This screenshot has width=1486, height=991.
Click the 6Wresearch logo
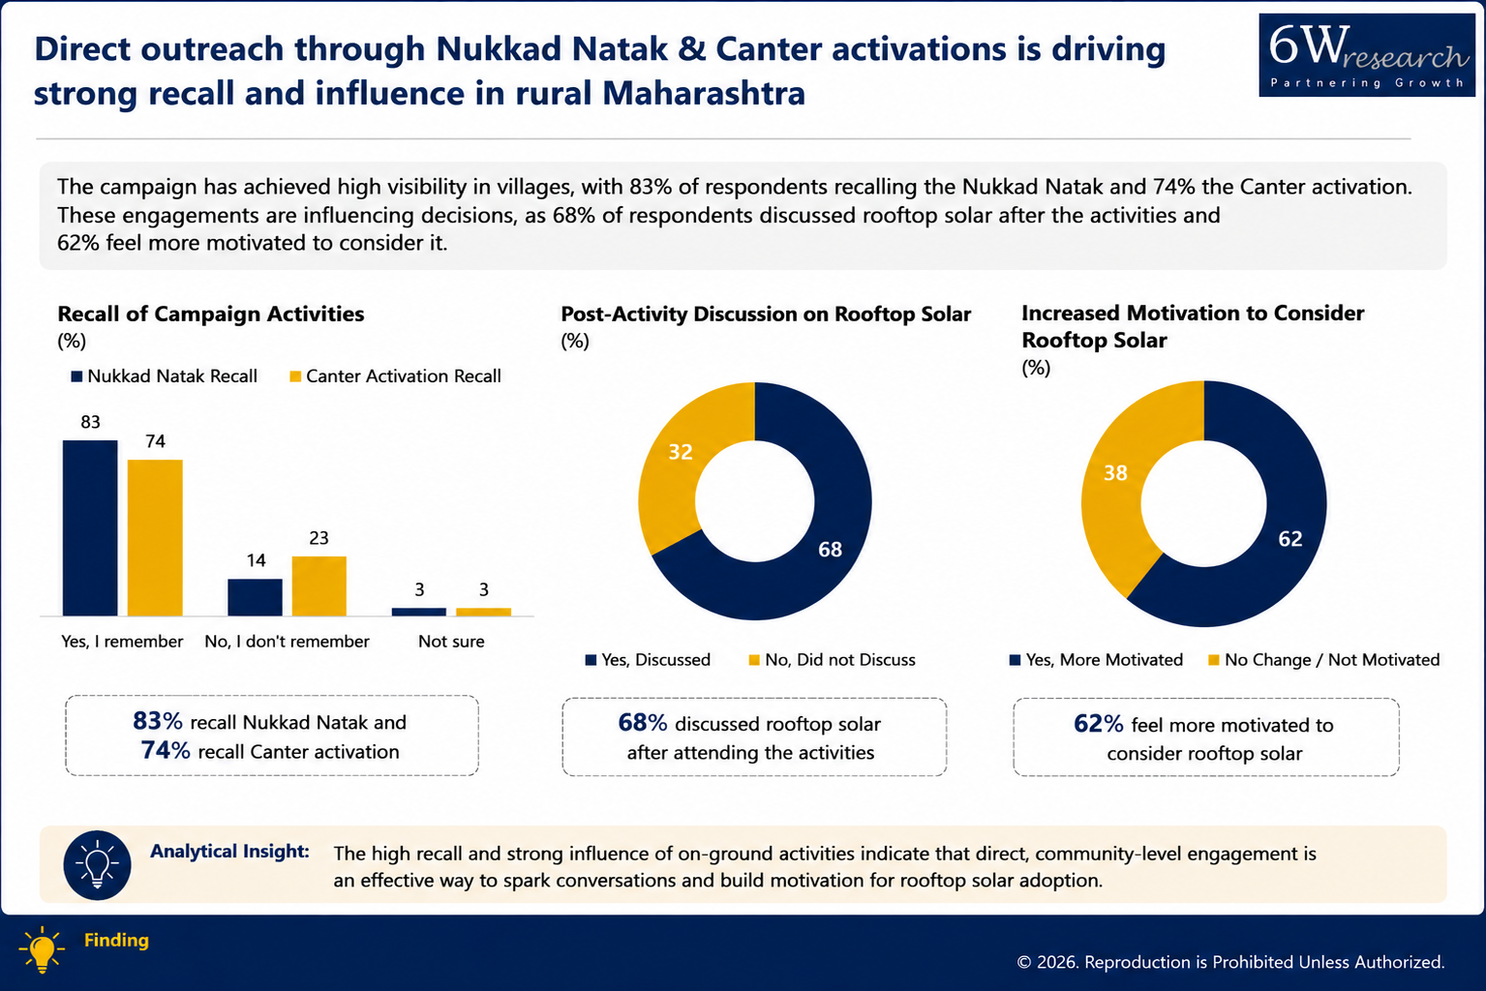point(1367,55)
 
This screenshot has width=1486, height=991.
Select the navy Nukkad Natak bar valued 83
point(90,528)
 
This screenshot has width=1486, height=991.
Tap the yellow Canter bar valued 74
point(155,538)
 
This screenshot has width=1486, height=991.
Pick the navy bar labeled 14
point(255,598)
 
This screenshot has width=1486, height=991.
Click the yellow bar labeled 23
point(319,586)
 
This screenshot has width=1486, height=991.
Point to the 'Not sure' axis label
point(451,642)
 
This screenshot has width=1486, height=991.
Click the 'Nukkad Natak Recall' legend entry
point(164,376)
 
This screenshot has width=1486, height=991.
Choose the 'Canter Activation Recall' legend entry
point(395,376)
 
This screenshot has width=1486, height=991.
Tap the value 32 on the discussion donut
point(681,452)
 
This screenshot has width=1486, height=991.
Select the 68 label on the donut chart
point(830,550)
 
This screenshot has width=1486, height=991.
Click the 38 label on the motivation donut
point(1116,473)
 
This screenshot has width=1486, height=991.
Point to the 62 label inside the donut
point(1290,539)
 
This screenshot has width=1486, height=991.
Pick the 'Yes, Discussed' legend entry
point(649,660)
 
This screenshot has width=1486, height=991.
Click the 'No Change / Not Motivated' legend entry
point(1324,660)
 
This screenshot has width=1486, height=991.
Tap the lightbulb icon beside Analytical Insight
point(98,865)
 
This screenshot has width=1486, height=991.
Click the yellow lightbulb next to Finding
point(42,949)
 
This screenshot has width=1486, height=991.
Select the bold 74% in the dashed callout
point(166,750)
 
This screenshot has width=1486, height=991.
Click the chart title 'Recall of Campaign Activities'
point(211,314)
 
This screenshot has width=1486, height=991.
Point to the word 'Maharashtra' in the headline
point(704,92)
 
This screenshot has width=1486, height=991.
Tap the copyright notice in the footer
point(1230,962)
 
